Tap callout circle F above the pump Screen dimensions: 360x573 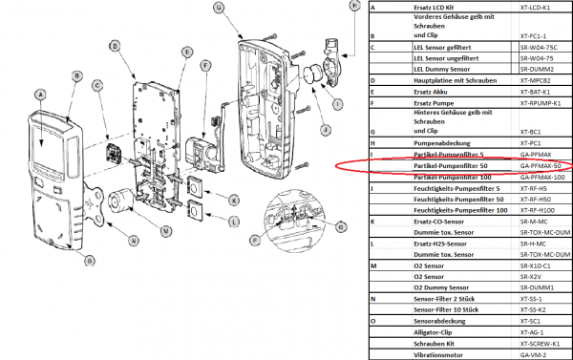pos(205,65)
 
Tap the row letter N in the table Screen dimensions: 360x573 pos(372,298)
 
